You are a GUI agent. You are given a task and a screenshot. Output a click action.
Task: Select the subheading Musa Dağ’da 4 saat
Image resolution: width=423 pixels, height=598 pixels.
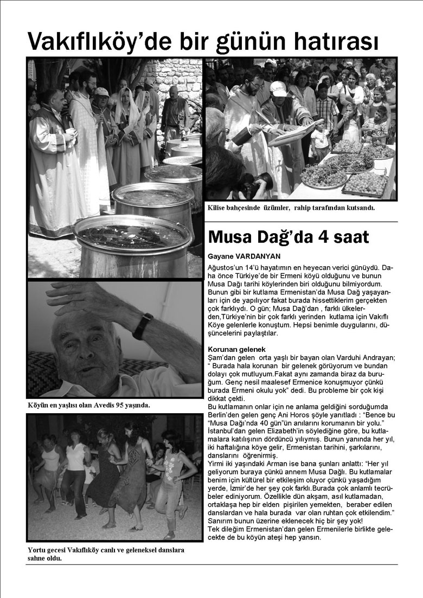[x=289, y=237]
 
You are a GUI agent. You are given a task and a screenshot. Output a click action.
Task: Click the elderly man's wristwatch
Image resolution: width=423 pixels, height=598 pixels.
[x=143, y=326]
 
